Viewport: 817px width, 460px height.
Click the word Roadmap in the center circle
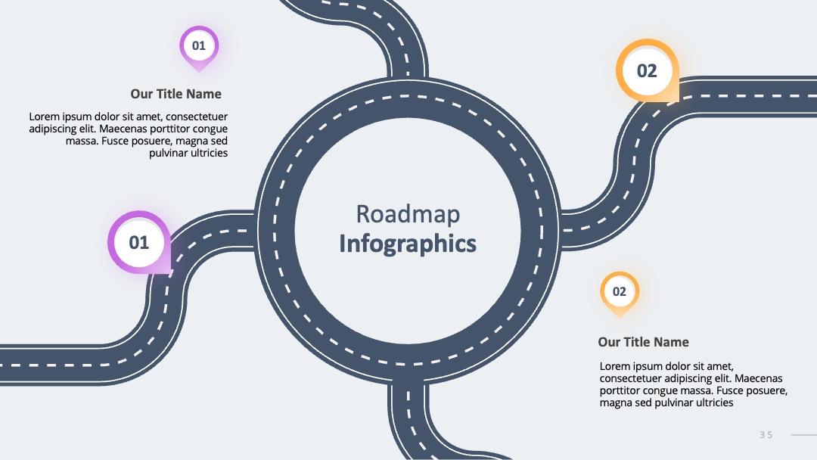click(408, 214)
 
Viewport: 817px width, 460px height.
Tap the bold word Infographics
click(408, 244)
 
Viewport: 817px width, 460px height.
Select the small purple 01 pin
click(199, 48)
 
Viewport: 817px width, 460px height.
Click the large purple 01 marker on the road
click(139, 242)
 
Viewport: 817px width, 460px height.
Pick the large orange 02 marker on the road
click(647, 70)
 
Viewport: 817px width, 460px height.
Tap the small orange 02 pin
click(620, 294)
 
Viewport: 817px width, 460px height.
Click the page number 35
click(766, 435)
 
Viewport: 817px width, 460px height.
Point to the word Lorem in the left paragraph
click(44, 117)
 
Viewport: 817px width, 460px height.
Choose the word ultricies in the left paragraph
click(209, 153)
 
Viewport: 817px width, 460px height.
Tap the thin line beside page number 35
click(804, 435)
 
